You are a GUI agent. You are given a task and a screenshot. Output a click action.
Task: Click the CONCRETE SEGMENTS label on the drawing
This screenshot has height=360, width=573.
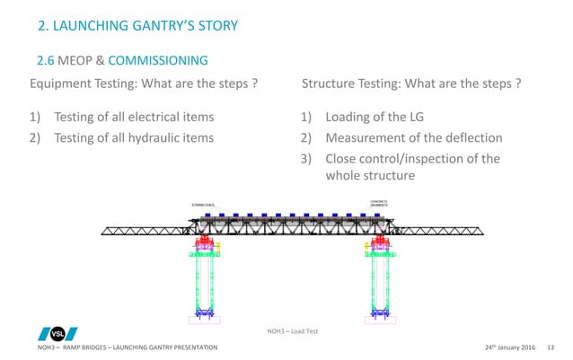378,203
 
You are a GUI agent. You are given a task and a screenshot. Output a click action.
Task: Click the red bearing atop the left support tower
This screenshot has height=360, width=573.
202,242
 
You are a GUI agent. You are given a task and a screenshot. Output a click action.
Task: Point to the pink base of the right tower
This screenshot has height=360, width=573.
378,318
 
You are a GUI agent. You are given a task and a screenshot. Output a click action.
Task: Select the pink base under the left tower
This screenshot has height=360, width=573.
202,318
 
